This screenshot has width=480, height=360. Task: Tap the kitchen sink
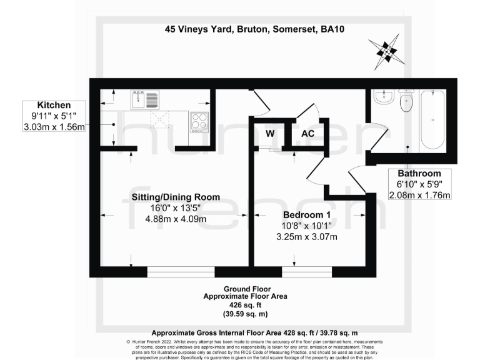[146, 99]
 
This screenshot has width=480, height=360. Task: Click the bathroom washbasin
[383, 97]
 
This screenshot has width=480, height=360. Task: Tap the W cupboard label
[269, 133]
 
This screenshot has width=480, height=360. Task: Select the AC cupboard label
[308, 133]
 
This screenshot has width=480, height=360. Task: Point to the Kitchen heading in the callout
[54, 104]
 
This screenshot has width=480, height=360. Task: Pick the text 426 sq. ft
[239, 305]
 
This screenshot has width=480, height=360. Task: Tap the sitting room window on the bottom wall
[181, 272]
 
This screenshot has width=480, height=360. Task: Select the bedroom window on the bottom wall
[306, 272]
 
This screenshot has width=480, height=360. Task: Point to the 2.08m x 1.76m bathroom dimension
[420, 195]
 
